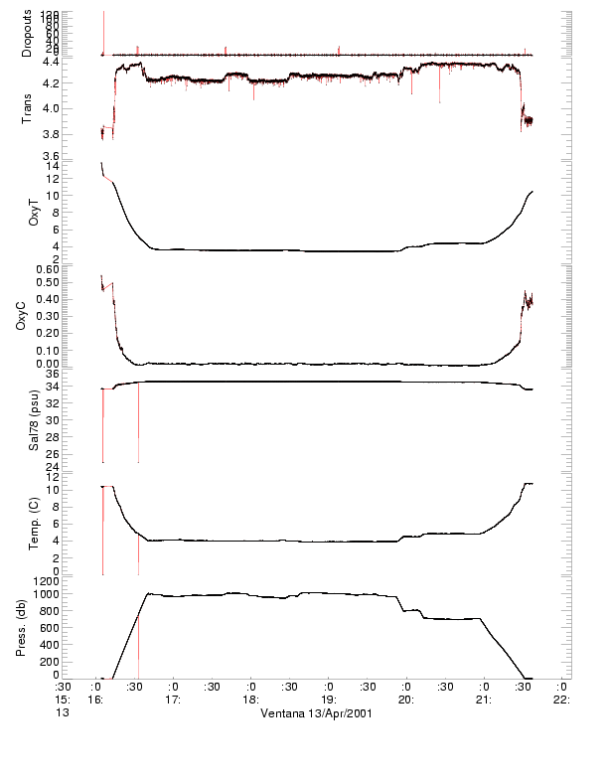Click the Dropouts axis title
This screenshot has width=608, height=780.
pyautogui.click(x=28, y=33)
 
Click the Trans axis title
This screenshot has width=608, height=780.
pyautogui.click(x=28, y=108)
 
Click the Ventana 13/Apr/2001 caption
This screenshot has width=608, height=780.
pyautogui.click(x=316, y=713)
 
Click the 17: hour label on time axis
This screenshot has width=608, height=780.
pyautogui.click(x=173, y=700)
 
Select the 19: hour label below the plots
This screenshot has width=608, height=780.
pyautogui.click(x=329, y=700)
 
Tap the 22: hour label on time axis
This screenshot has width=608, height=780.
pyautogui.click(x=561, y=700)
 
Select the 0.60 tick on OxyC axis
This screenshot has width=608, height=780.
pyautogui.click(x=46, y=268)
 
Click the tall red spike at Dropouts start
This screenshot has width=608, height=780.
pyautogui.click(x=103, y=30)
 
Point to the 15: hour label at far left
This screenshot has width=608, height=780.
pyautogui.click(x=62, y=700)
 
